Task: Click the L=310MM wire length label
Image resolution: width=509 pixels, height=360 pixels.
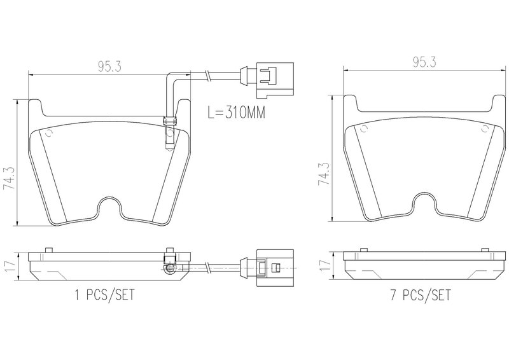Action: (x=236, y=113)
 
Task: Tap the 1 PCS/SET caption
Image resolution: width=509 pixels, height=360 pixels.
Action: (x=104, y=294)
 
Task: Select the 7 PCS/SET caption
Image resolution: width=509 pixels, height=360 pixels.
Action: (x=421, y=294)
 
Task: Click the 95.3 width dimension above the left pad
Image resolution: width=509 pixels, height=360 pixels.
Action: (x=109, y=67)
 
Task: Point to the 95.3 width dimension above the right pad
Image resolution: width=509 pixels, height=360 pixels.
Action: (x=424, y=62)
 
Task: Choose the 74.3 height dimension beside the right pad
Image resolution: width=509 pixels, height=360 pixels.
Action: (x=324, y=174)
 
